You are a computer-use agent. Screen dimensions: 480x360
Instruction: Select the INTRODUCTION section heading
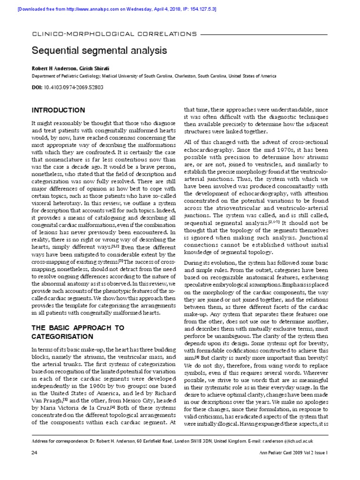(x=58, y=111)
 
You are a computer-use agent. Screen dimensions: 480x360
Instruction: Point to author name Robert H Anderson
(x=53, y=67)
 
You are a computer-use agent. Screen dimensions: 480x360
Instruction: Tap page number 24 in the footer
(x=34, y=466)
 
